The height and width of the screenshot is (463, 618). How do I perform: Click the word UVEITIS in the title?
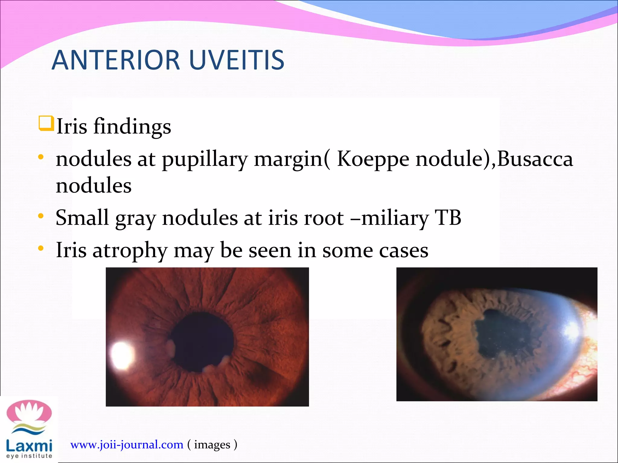[237, 60]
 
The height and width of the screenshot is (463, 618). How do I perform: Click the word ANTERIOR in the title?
[116, 60]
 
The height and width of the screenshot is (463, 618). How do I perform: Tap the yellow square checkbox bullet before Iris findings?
[46, 124]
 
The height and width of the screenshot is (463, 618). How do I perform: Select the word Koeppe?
[373, 159]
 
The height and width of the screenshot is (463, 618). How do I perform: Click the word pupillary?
[205, 160]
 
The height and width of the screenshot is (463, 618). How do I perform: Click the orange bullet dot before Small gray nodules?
[41, 216]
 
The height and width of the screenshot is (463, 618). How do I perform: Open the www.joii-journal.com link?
[127, 445]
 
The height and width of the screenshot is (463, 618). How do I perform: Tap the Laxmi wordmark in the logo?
[29, 446]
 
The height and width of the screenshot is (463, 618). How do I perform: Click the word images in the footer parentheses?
[212, 445]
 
